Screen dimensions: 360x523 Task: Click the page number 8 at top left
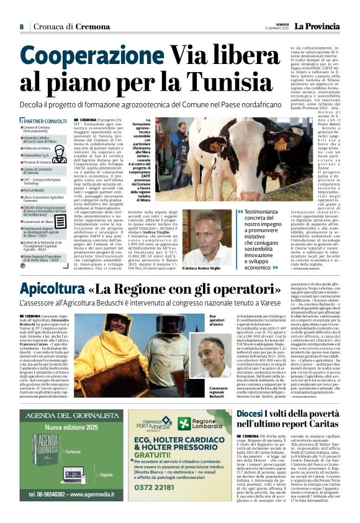click(21, 27)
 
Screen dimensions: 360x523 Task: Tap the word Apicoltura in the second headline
click(53, 289)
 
